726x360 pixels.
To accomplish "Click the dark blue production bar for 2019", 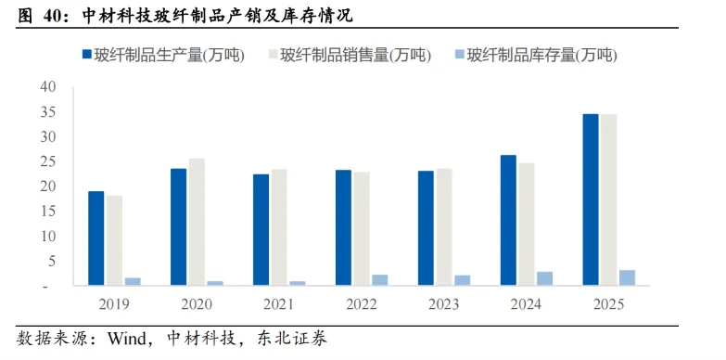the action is (96, 238).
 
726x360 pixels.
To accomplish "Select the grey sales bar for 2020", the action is (197, 222).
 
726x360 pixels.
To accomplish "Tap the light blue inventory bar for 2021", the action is (298, 283).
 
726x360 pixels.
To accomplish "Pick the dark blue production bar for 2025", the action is (591, 199).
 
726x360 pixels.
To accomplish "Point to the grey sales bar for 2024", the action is (527, 225).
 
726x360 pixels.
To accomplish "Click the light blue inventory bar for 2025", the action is (628, 277).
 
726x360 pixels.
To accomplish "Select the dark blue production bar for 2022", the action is (344, 227).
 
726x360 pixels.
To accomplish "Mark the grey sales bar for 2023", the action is (444, 227).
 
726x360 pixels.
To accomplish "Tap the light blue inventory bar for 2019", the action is (133, 282).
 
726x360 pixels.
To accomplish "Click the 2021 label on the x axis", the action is (279, 304).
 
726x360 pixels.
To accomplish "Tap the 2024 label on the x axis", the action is (527, 304).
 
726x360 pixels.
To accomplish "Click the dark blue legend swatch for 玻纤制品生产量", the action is (86, 55).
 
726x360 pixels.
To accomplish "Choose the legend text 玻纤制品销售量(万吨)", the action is (356, 55).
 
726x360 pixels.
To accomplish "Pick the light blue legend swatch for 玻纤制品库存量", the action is (459, 55).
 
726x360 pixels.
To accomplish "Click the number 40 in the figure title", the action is (52, 17).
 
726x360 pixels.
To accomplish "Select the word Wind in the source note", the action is (126, 339).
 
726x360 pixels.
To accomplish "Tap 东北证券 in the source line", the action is (292, 339).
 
